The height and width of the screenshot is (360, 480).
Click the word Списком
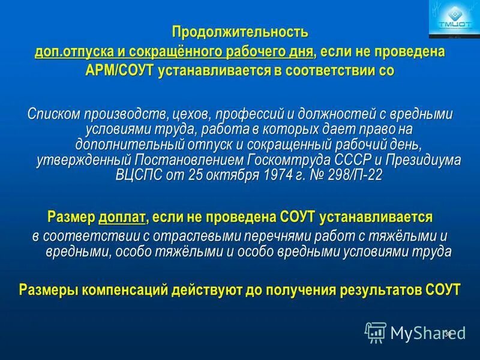click(55, 114)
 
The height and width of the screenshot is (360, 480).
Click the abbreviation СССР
click(356, 160)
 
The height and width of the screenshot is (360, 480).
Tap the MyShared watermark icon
click(376, 332)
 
